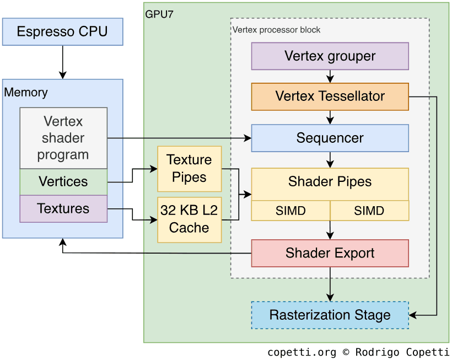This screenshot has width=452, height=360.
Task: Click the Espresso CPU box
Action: tap(62, 31)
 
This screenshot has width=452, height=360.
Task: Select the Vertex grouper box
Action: tap(330, 56)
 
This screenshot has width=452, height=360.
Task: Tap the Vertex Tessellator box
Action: tap(330, 96)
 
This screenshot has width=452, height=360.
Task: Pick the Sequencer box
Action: tap(330, 138)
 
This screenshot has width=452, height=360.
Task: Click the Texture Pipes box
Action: tap(189, 168)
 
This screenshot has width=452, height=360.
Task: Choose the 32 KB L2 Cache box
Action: tap(189, 219)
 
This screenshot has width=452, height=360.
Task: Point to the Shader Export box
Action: tap(330, 253)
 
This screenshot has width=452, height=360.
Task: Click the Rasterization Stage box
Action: tap(330, 315)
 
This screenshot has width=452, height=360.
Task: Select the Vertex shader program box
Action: tap(63, 138)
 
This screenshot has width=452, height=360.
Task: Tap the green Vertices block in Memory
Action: tap(63, 181)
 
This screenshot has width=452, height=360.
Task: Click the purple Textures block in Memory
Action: tap(63, 208)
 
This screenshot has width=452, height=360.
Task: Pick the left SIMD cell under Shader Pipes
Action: tap(290, 211)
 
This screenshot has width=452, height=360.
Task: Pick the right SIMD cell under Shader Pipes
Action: tap(369, 211)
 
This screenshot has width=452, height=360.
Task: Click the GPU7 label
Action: tap(159, 14)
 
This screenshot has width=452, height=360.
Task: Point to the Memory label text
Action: tap(26, 93)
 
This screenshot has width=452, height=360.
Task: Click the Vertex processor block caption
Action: tap(276, 30)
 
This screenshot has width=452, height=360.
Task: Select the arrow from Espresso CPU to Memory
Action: tap(62, 62)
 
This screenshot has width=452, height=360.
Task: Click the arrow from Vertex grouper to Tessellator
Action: tap(330, 76)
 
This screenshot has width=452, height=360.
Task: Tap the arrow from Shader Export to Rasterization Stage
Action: tap(330, 284)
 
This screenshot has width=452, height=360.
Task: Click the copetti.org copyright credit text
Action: tap(358, 352)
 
